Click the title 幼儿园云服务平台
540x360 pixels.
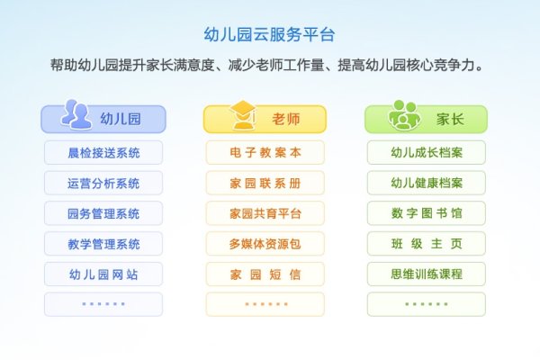(270, 35)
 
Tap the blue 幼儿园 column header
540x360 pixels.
(103, 120)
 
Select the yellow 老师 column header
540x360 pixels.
(265, 120)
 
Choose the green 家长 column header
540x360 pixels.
(427, 120)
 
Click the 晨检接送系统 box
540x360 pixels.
(103, 152)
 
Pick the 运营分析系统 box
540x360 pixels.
(103, 183)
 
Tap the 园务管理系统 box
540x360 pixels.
(103, 213)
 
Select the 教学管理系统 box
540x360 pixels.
(103, 244)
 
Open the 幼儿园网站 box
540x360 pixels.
(103, 274)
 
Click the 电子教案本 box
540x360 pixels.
(265, 152)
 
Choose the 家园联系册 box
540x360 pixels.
(265, 183)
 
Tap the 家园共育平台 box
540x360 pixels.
(265, 213)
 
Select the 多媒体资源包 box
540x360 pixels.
(265, 244)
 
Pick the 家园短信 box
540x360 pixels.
(265, 274)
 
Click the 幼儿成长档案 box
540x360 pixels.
(427, 152)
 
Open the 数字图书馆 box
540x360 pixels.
(427, 213)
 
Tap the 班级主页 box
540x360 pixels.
(427, 244)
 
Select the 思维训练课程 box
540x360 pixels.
(427, 274)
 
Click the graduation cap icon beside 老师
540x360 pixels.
(241, 116)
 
